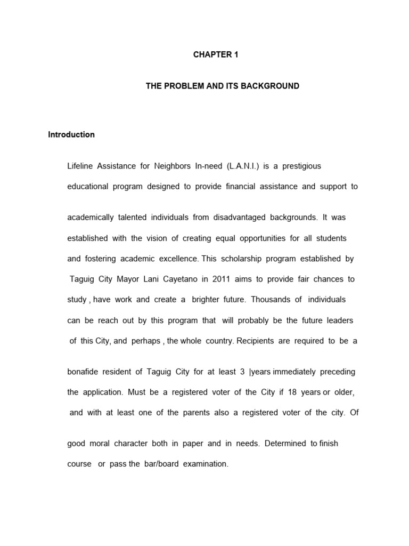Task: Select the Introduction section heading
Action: [x=71, y=134]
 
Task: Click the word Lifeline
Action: [x=80, y=166]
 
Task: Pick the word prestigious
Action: [x=302, y=166]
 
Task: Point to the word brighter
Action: [x=211, y=300]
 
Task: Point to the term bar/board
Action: [x=161, y=464]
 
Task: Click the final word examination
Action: [x=206, y=464]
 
